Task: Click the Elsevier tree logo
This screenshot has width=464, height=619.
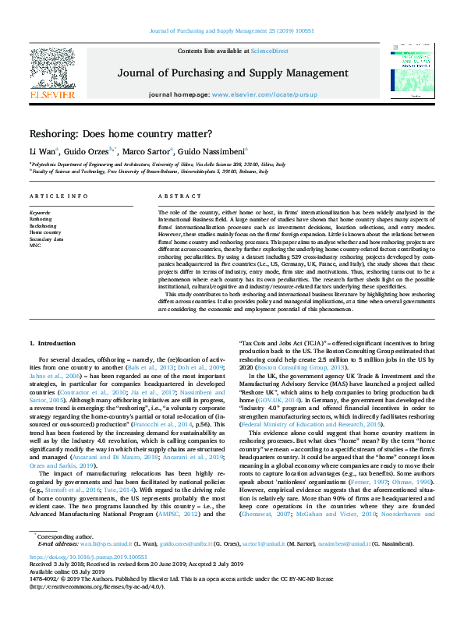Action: coord(52,70)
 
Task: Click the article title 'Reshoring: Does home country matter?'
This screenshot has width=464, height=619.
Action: coord(120,133)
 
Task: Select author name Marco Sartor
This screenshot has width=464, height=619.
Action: coord(149,150)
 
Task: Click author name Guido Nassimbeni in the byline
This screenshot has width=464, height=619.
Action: coord(218,150)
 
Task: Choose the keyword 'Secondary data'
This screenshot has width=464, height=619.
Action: coord(46,239)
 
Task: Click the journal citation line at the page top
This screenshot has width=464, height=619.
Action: coord(232,32)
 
